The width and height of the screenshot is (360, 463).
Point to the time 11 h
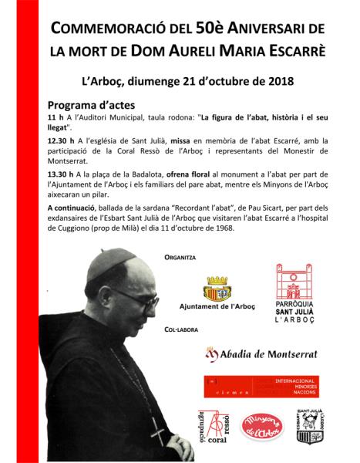tap(56, 117)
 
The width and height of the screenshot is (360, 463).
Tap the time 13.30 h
tap(62, 174)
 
